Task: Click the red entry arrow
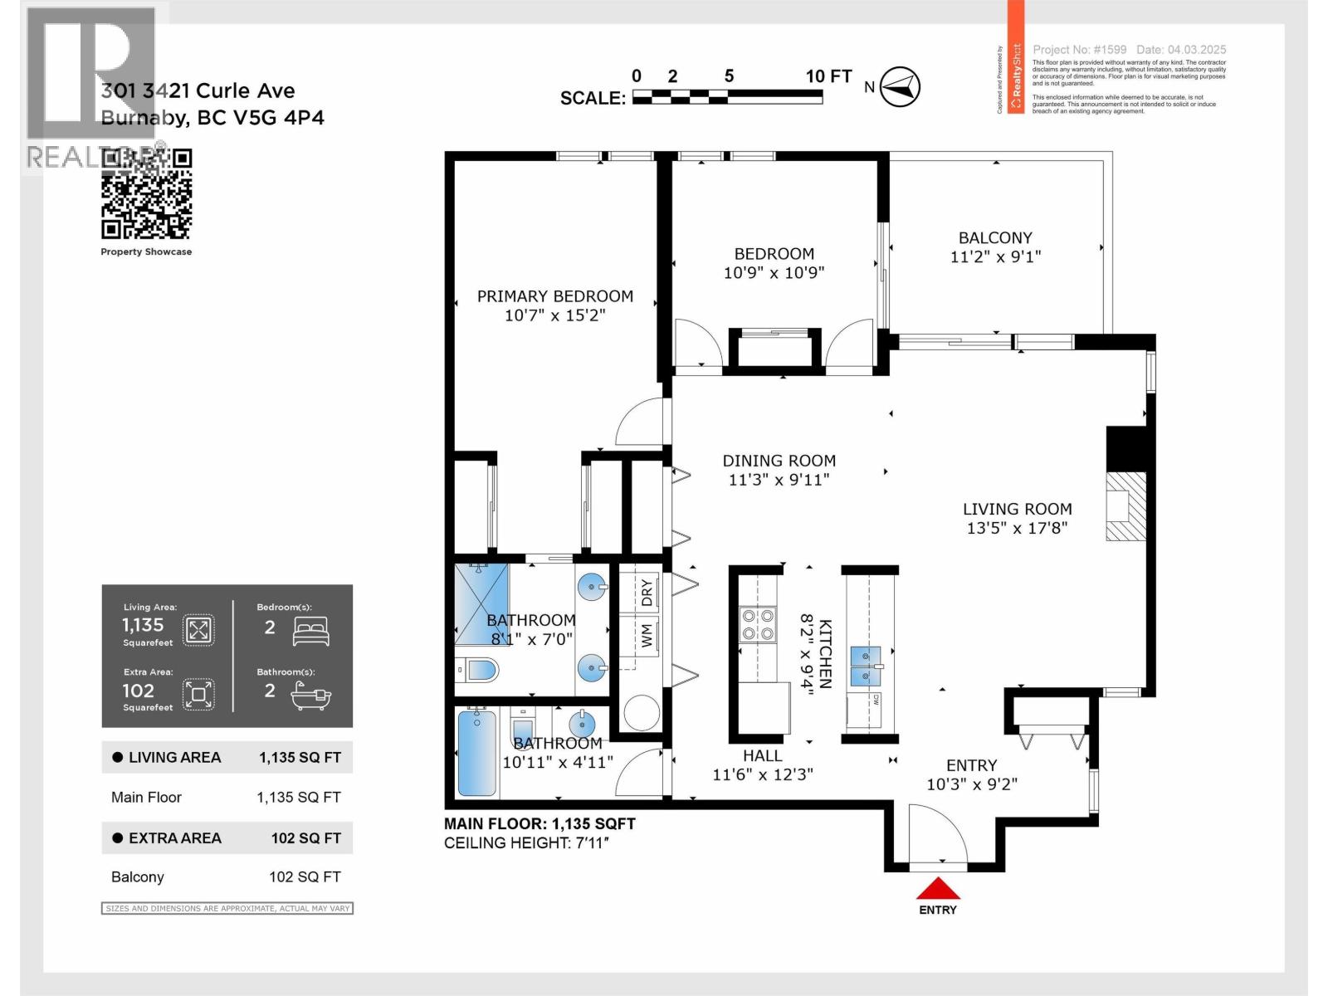point(938,889)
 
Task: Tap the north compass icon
point(900,86)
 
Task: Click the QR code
point(147,194)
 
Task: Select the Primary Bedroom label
point(554,296)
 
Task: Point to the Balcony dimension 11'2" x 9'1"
point(995,257)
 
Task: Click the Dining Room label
point(779,461)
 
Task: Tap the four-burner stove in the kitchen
point(758,625)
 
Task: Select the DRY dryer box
point(647,593)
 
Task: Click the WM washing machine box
point(647,637)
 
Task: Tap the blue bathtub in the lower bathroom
point(476,754)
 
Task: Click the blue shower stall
point(481,604)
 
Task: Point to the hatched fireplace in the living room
point(1126,507)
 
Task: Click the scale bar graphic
point(727,97)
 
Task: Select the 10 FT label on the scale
point(828,76)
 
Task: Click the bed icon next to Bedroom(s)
point(311,632)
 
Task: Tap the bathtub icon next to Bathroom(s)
point(311,696)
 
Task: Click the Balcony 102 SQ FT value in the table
point(305,877)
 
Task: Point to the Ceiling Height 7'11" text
point(527,843)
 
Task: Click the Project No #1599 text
point(1079,50)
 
